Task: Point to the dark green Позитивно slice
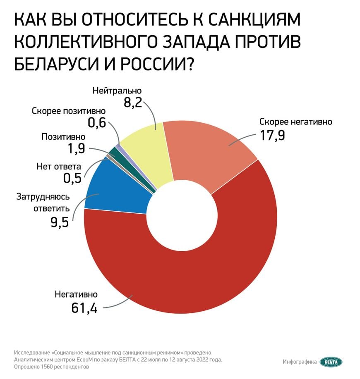tap(115, 152)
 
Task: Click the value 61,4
tap(84, 308)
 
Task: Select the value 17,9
tap(272, 135)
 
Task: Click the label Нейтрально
tap(117, 90)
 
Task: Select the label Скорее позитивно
tap(69, 111)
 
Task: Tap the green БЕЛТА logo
tap(331, 362)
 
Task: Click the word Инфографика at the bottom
tap(300, 362)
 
